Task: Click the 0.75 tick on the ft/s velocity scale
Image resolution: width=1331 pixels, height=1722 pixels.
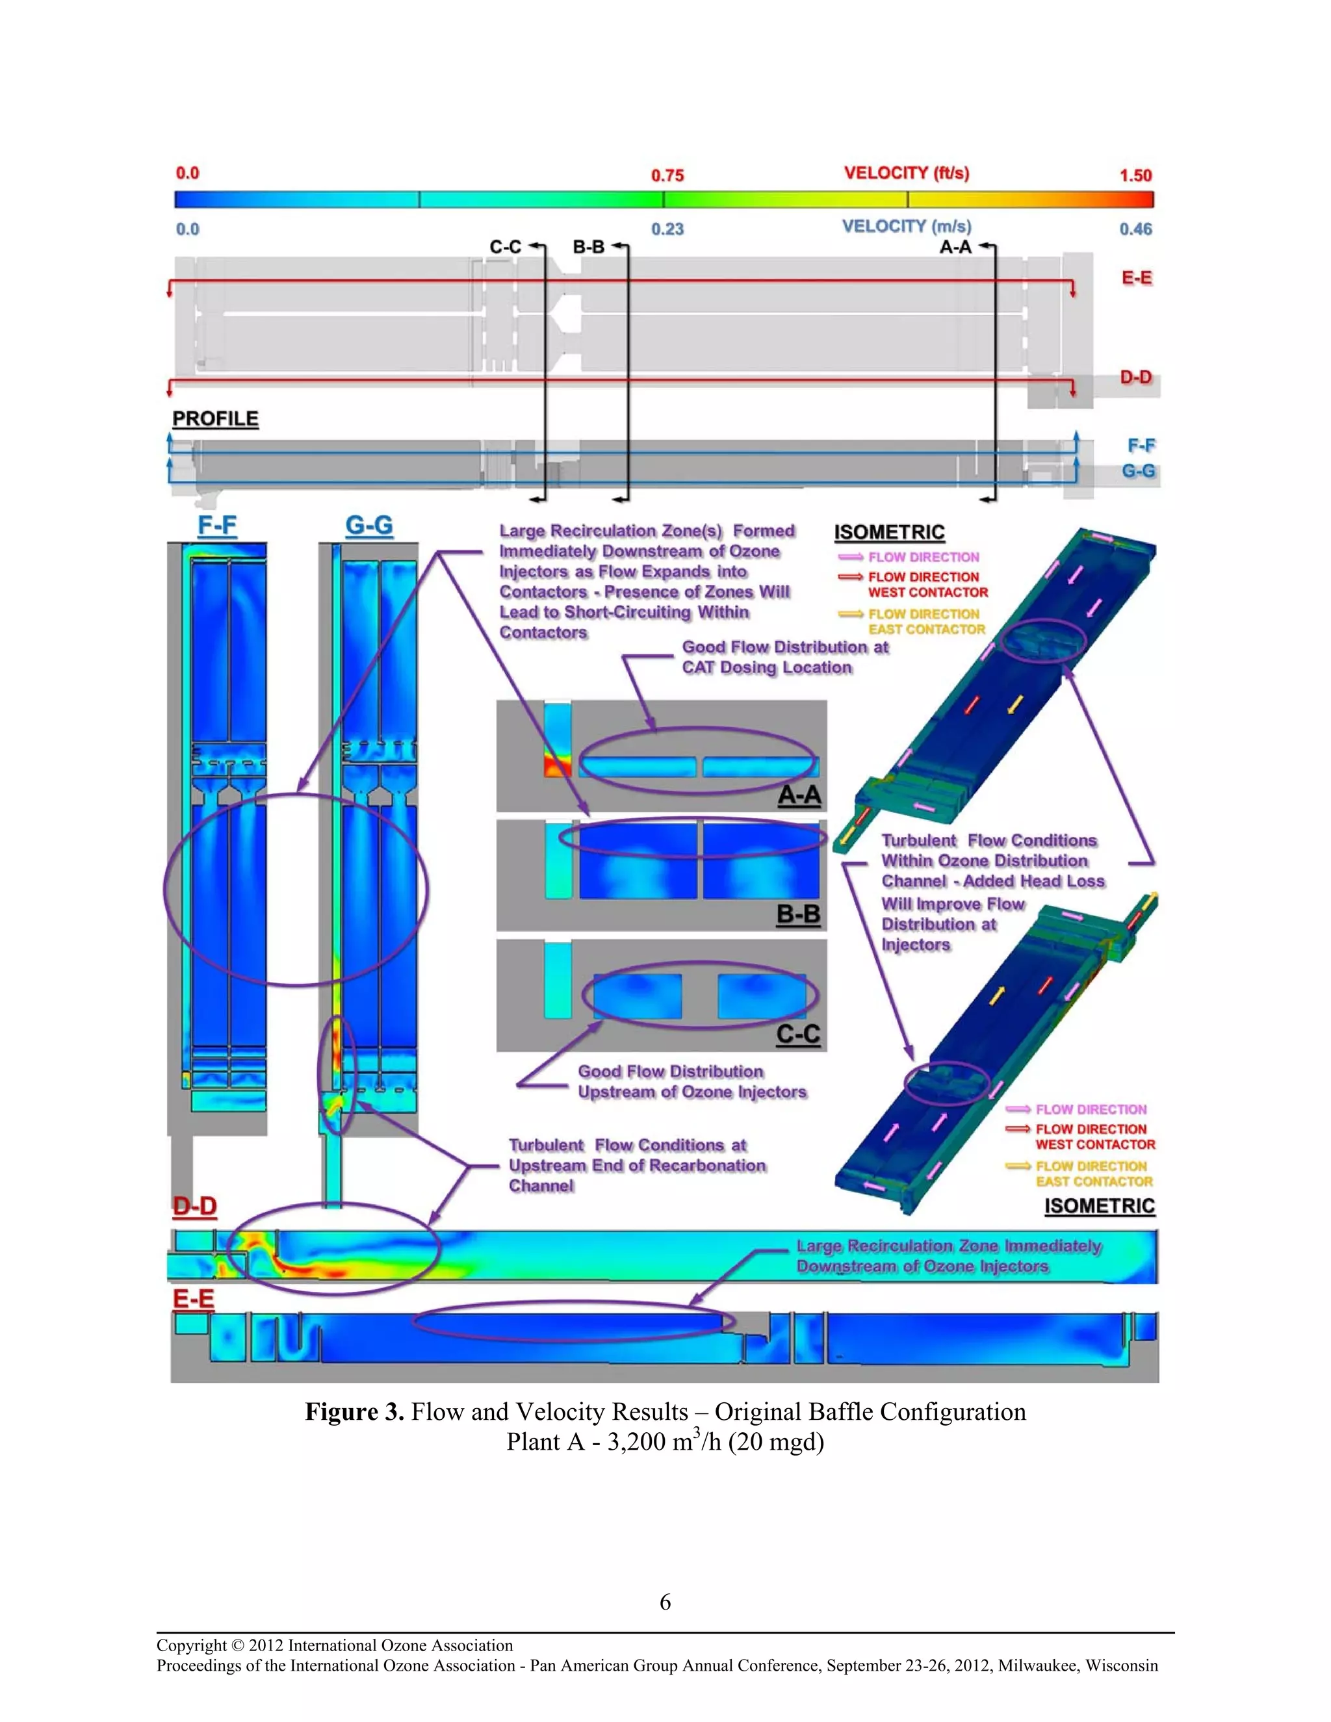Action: click(667, 175)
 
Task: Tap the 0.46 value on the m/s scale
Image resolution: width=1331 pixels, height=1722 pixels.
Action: click(1135, 229)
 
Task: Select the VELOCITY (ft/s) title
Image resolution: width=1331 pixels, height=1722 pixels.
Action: click(906, 173)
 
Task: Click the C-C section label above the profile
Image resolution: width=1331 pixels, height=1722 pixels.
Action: click(506, 247)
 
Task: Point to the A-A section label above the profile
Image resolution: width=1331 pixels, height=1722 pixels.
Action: click(955, 247)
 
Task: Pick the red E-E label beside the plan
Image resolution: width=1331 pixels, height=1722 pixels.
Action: click(1136, 277)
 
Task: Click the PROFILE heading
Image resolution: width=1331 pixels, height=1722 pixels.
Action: click(215, 418)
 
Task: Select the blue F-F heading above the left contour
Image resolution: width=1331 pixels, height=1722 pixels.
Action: click(217, 525)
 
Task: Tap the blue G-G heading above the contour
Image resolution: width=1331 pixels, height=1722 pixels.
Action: click(369, 525)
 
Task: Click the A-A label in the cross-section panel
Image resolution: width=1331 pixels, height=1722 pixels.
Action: click(799, 795)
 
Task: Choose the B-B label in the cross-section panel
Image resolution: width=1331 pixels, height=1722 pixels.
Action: click(798, 915)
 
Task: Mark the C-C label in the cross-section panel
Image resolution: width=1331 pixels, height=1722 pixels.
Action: click(798, 1034)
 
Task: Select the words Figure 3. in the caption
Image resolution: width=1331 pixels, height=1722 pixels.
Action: click(354, 1411)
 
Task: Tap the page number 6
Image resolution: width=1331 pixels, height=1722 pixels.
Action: click(665, 1601)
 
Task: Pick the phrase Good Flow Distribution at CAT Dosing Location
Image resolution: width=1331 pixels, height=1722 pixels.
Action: click(784, 657)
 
